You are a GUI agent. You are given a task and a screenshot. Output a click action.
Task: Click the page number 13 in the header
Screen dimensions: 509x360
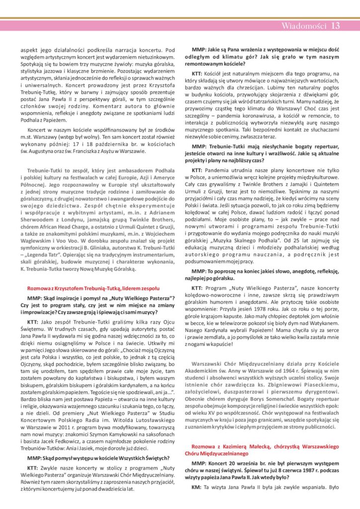[x=335, y=26]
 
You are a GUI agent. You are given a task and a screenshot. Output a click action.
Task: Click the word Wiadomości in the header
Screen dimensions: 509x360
[x=304, y=26]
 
